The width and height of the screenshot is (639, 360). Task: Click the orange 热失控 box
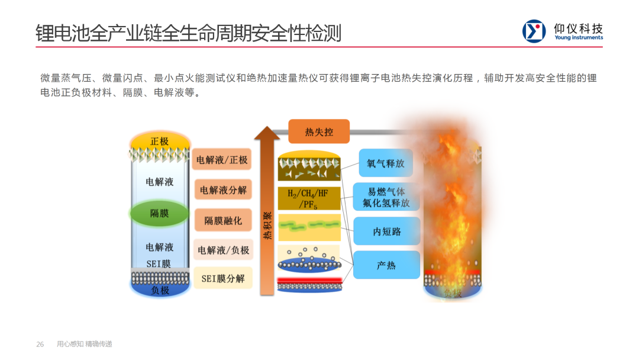click(x=319, y=132)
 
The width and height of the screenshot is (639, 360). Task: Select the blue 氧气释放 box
click(x=386, y=163)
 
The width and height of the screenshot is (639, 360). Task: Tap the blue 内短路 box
click(x=386, y=232)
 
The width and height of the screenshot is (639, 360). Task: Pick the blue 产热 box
click(x=386, y=265)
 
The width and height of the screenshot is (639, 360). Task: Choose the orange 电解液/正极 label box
click(x=222, y=159)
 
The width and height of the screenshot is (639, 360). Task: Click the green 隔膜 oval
click(x=160, y=213)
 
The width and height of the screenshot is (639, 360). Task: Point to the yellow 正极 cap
click(x=160, y=142)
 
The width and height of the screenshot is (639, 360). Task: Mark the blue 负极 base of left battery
click(x=160, y=290)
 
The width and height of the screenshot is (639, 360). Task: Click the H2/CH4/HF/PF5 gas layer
click(x=309, y=198)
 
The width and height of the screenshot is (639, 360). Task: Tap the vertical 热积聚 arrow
click(x=267, y=219)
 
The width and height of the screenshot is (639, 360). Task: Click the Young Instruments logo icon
click(x=534, y=31)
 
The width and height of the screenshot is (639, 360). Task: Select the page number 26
click(x=40, y=344)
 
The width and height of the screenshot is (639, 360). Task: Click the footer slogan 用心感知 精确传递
click(x=84, y=344)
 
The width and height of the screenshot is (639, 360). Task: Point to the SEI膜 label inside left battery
click(x=159, y=264)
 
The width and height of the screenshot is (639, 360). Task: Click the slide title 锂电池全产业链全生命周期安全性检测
click(x=188, y=33)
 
